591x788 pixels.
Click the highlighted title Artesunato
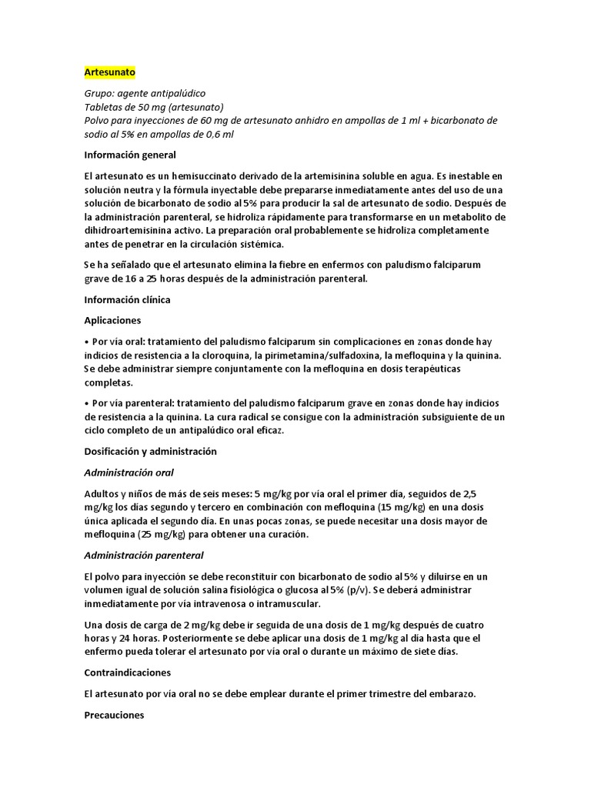pyautogui.click(x=109, y=72)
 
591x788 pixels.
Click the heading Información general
pyautogui.click(x=130, y=155)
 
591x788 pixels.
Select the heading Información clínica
pyautogui.click(x=127, y=299)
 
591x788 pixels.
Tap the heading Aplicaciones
pyautogui.click(x=112, y=320)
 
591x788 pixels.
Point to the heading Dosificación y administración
pyautogui.click(x=150, y=451)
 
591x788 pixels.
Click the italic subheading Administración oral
pyautogui.click(x=129, y=472)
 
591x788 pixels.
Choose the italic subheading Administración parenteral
pyautogui.click(x=144, y=556)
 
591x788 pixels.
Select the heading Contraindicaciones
pyautogui.click(x=127, y=673)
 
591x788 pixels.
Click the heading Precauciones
pyautogui.click(x=114, y=715)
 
